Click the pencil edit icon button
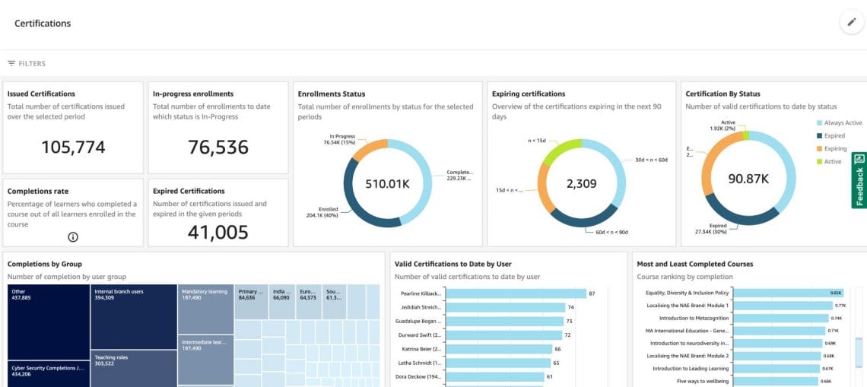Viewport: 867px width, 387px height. pyautogui.click(x=851, y=23)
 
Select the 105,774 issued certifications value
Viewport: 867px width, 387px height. pyautogui.click(x=73, y=148)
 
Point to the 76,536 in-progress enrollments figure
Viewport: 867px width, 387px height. pyautogui.click(x=218, y=148)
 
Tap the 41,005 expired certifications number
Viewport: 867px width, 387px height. pyautogui.click(x=218, y=233)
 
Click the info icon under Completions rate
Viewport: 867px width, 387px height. pyautogui.click(x=73, y=236)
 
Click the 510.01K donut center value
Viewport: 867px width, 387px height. pyautogui.click(x=387, y=183)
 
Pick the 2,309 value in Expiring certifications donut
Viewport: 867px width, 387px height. pyautogui.click(x=581, y=183)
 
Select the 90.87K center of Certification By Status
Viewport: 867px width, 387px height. pyautogui.click(x=748, y=179)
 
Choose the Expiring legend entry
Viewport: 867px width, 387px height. pyautogui.click(x=835, y=149)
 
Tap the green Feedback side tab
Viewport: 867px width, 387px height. pyautogui.click(x=859, y=180)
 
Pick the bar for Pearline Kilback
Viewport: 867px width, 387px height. pyautogui.click(x=516, y=293)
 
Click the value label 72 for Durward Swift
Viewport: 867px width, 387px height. pyautogui.click(x=567, y=335)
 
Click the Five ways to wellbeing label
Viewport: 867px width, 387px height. pyautogui.click(x=701, y=381)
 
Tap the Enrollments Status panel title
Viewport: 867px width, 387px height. pyautogui.click(x=332, y=94)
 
